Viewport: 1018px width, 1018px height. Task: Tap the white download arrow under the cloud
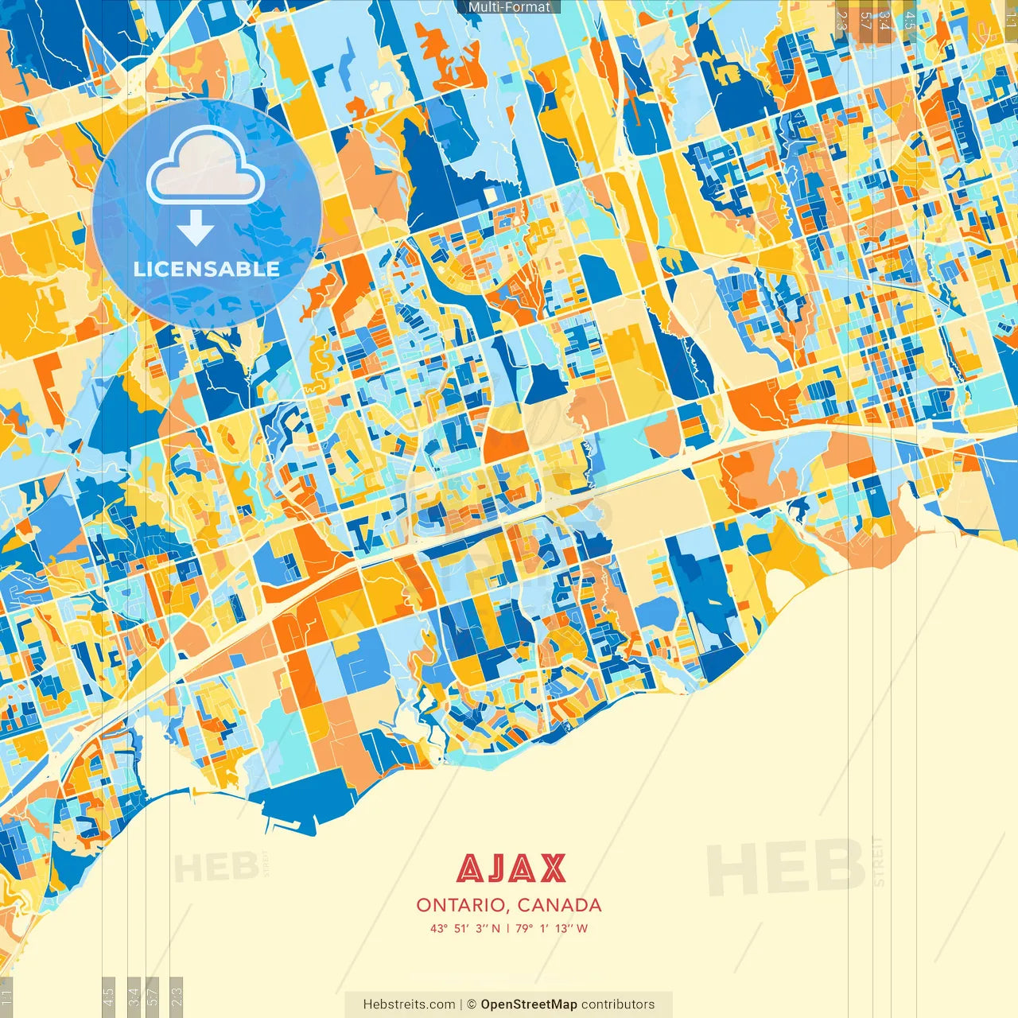pyautogui.click(x=196, y=228)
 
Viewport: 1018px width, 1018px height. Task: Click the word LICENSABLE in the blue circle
pyautogui.click(x=207, y=269)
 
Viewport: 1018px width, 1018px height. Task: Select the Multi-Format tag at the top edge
pyautogui.click(x=509, y=7)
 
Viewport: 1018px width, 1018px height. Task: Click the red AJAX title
pyautogui.click(x=511, y=869)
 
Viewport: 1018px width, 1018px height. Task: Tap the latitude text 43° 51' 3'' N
pyautogui.click(x=465, y=928)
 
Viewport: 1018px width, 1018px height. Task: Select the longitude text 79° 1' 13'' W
pyautogui.click(x=551, y=928)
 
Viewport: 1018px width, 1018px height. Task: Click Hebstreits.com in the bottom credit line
pyautogui.click(x=409, y=1004)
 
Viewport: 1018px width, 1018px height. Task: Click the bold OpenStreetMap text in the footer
pyautogui.click(x=528, y=1004)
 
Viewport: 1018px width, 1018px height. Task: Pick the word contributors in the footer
pyautogui.click(x=618, y=1004)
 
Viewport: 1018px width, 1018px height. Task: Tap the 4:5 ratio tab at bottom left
pyautogui.click(x=108, y=997)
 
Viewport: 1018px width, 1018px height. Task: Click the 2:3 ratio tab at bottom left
pyautogui.click(x=177, y=997)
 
